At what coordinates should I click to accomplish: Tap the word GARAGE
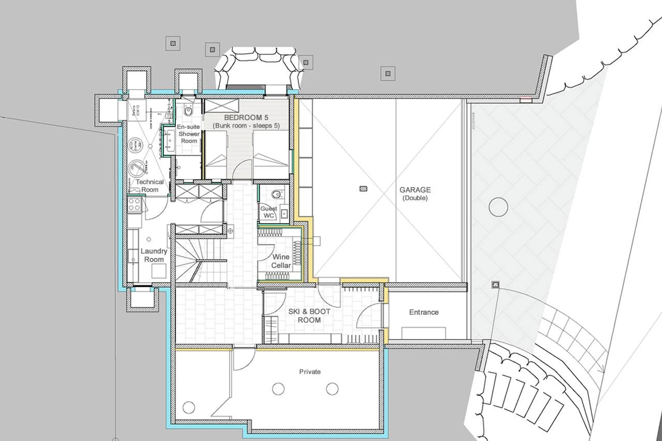[x=415, y=190]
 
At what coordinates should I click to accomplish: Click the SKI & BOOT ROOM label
[x=309, y=316]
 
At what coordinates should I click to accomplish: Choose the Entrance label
[x=424, y=312]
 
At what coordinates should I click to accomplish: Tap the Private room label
[x=310, y=372]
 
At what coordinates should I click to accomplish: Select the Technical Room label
[x=150, y=186]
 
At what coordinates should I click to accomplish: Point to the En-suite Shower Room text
[x=189, y=134]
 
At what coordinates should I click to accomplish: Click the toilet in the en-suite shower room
[x=188, y=111]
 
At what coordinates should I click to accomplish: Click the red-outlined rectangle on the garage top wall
[x=525, y=100]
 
